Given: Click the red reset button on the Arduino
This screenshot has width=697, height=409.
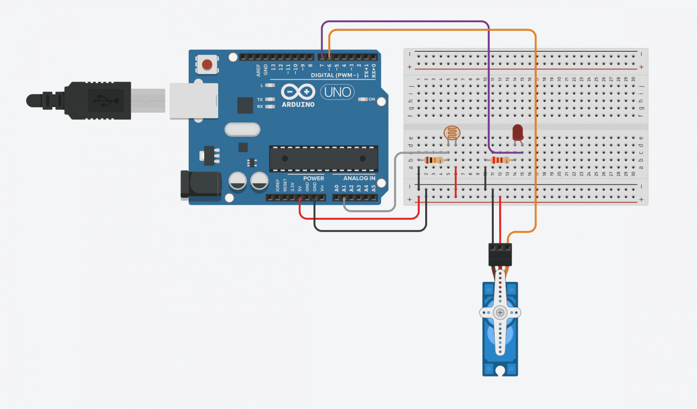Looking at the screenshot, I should [x=207, y=64].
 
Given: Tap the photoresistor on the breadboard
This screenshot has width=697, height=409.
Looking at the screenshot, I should [x=452, y=133].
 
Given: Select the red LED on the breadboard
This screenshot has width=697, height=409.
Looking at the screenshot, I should [x=517, y=133].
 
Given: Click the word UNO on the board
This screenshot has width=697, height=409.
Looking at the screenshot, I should [x=338, y=92].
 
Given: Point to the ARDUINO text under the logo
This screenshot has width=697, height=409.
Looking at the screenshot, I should [x=298, y=104].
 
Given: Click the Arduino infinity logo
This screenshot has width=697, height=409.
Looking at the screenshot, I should [x=298, y=92].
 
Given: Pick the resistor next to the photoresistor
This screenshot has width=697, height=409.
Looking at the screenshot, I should [x=433, y=160].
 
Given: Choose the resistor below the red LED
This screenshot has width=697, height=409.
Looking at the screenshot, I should [x=500, y=160].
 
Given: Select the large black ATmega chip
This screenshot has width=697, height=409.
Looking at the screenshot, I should [x=324, y=159].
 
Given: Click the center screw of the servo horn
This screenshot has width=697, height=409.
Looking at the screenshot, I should [x=500, y=312].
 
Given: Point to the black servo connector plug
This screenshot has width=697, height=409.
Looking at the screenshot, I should [x=500, y=254].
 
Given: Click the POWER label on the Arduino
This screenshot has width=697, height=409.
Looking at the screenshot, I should [x=314, y=178].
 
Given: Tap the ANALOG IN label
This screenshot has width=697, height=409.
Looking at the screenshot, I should [x=359, y=178].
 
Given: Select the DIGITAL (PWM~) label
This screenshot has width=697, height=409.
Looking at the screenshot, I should [x=334, y=75].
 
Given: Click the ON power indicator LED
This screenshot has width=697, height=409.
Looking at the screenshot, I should [x=363, y=99].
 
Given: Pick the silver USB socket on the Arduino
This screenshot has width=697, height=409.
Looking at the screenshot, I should [x=194, y=101].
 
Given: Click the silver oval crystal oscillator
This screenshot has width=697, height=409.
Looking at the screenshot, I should [x=242, y=130].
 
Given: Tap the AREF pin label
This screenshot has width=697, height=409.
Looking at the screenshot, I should [x=259, y=70].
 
